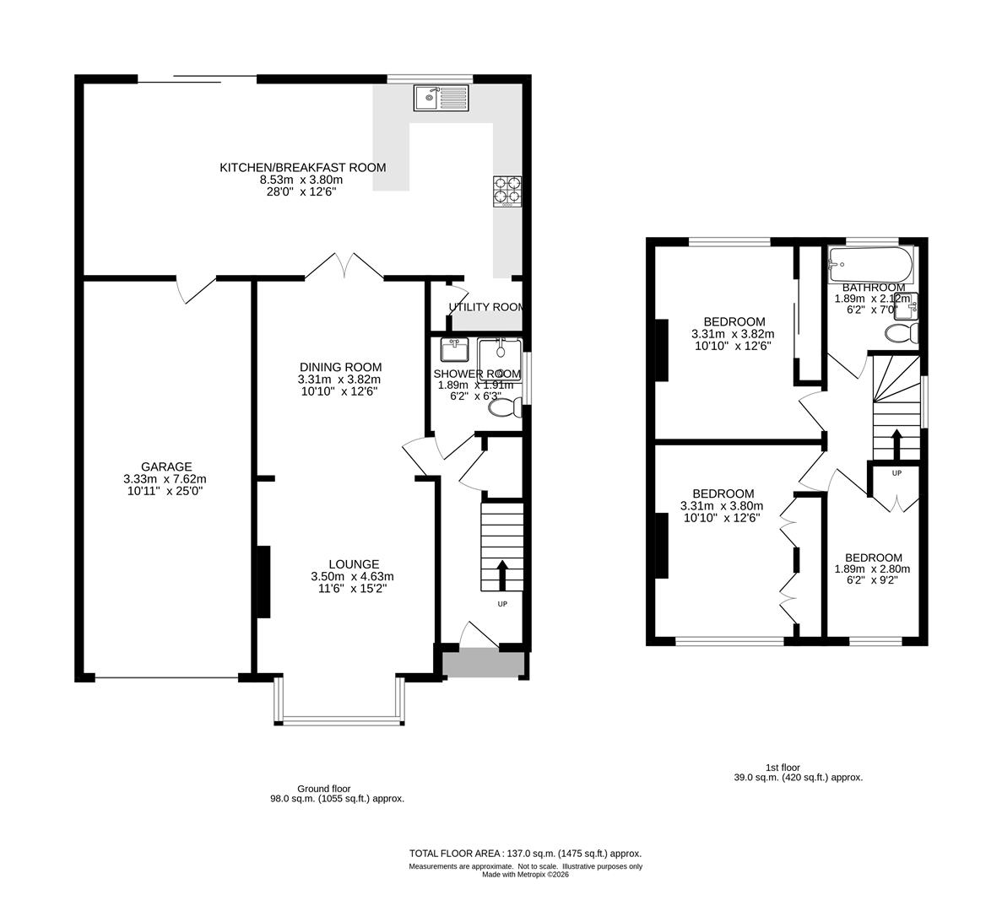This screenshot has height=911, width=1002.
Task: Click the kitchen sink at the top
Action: tap(441, 98)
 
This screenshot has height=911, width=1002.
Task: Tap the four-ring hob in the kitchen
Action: tap(506, 191)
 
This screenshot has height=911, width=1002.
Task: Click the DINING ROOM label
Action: tap(340, 367)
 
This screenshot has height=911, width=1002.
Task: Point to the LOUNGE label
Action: tap(354, 564)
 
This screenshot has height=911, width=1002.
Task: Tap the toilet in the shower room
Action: tap(505, 408)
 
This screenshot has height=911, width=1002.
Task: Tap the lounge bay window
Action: tap(340, 719)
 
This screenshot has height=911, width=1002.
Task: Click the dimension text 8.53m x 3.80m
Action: tap(301, 180)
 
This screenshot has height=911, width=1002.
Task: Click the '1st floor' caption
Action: tap(783, 768)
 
